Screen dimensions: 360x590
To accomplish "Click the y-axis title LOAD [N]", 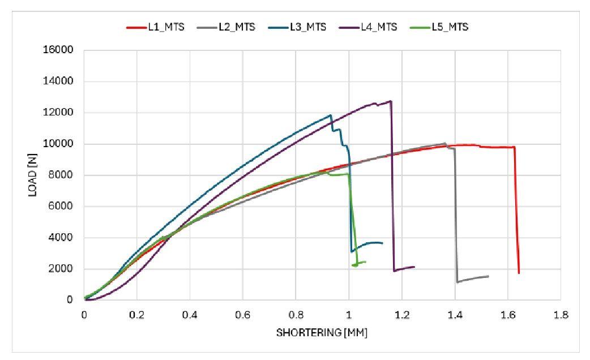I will [x=32, y=175].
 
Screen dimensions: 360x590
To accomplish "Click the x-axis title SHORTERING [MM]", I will [x=322, y=333].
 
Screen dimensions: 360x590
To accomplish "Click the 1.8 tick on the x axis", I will [x=561, y=314].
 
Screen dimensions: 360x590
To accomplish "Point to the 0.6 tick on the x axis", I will [x=243, y=314].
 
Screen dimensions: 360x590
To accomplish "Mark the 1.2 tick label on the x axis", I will [x=401, y=314].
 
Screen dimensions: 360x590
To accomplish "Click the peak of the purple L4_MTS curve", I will [x=391, y=101].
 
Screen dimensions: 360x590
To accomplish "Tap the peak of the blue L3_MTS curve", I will [x=330, y=115].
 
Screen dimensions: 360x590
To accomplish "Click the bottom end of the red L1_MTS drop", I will [x=519, y=273].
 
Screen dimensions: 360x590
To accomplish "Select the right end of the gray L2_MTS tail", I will [x=488, y=276].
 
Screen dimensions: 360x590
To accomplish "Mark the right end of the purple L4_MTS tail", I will [x=414, y=267].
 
